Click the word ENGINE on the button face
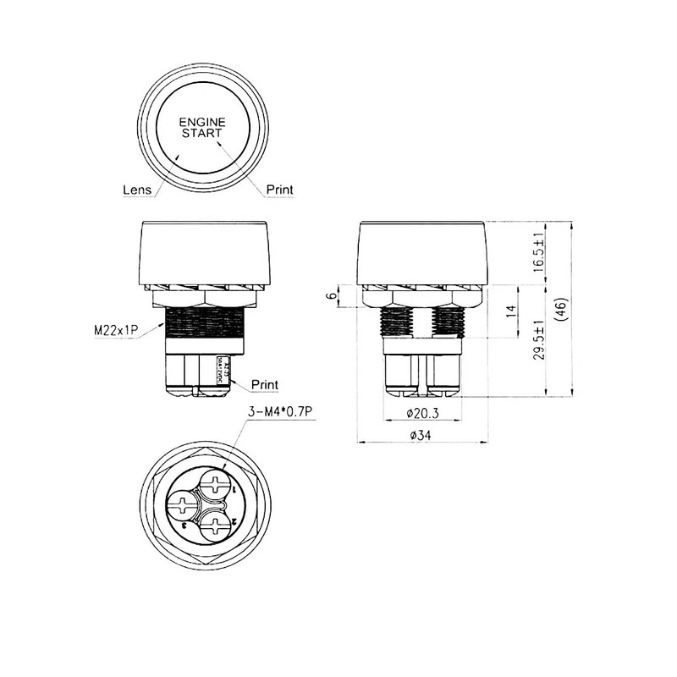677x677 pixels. click(202, 122)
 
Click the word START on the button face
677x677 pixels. click(202, 133)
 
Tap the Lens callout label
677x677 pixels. click(137, 190)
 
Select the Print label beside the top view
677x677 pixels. click(279, 190)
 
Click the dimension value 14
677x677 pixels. click(511, 311)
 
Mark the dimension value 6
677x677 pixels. click(328, 296)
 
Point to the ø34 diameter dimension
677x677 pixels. click(421, 435)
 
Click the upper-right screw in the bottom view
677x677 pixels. click(217, 487)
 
